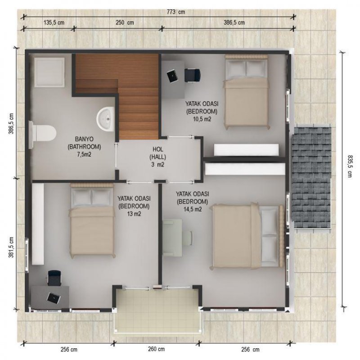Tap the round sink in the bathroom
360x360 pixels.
[106, 119]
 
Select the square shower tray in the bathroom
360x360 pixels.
[49, 72]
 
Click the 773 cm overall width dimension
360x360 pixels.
[175, 12]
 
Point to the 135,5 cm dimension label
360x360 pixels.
[54, 22]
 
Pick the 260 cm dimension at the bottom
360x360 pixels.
[156, 349]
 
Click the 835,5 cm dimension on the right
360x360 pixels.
[350, 166]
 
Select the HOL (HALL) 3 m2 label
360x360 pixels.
[158, 157]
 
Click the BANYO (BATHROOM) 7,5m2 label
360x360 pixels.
[84, 147]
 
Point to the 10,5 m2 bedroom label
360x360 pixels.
[202, 112]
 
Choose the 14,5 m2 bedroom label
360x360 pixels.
[193, 202]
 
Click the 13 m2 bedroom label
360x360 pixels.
[134, 206]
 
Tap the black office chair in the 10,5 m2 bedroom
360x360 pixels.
[193, 75]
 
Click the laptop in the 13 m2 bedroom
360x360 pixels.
[54, 298]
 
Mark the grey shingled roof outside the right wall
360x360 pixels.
[311, 176]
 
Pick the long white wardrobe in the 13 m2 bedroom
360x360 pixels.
[38, 224]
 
